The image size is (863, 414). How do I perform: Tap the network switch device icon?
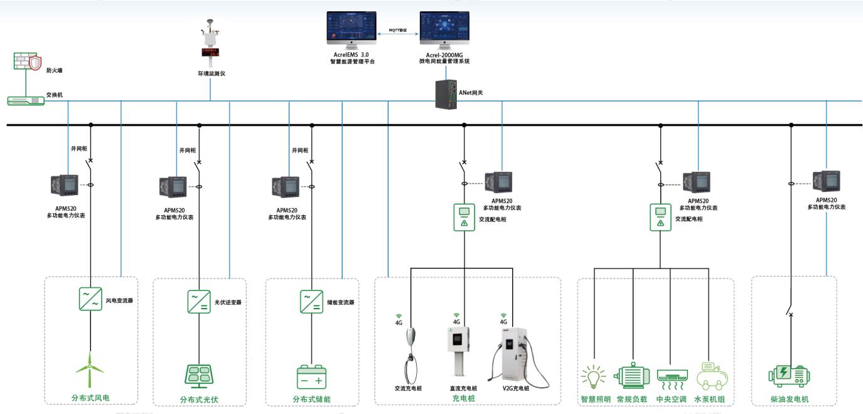[26, 100]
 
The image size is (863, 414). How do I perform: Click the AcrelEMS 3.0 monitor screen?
[351, 28]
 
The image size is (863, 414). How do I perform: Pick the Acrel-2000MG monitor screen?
[444, 28]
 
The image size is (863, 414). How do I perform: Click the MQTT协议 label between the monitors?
[398, 29]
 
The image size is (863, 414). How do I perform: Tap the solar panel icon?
[199, 374]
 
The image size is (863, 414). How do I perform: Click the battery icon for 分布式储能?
[311, 377]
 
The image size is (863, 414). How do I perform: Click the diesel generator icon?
[789, 374]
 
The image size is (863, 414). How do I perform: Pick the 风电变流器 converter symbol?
[90, 299]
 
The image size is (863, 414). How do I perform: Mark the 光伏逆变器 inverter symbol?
[199, 301]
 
